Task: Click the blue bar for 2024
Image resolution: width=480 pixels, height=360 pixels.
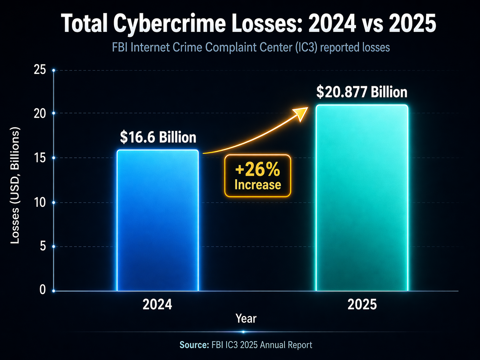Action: pyautogui.click(x=158, y=220)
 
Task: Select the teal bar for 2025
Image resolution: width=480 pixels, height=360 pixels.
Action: pyautogui.click(x=362, y=198)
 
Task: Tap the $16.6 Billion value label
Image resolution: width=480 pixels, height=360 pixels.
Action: pyautogui.click(x=158, y=137)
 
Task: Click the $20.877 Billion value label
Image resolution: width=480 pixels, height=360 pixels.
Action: pyautogui.click(x=362, y=92)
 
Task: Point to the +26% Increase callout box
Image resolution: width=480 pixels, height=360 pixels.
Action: pyautogui.click(x=258, y=176)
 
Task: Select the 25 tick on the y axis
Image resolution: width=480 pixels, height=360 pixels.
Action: pyautogui.click(x=40, y=70)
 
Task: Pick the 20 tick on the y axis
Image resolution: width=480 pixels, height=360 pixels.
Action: pyautogui.click(x=40, y=113)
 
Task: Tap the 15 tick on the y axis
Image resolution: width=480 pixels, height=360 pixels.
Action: pyautogui.click(x=40, y=158)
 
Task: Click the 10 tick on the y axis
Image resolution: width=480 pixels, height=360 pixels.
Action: pyautogui.click(x=40, y=202)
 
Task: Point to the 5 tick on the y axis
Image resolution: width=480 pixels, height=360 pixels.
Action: pyautogui.click(x=42, y=246)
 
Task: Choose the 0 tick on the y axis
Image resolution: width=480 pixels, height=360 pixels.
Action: pyautogui.click(x=42, y=290)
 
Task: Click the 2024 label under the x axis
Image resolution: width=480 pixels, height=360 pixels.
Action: pyautogui.click(x=157, y=304)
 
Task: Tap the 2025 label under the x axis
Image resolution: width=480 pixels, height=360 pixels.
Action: pyautogui.click(x=362, y=304)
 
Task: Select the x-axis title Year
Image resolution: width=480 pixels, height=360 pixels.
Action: pyautogui.click(x=246, y=319)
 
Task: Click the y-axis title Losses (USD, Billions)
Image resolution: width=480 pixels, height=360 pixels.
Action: pyautogui.click(x=15, y=185)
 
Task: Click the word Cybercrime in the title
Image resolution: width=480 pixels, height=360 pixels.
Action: pyautogui.click(x=170, y=24)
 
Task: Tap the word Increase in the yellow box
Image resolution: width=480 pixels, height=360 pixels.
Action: pyautogui.click(x=258, y=185)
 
